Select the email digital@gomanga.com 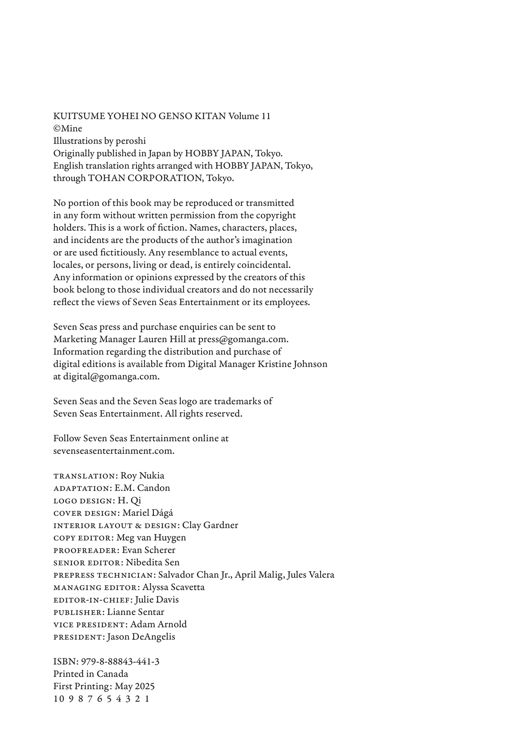(111, 376)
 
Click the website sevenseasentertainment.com (114, 451)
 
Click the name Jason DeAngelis (141, 637)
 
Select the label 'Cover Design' (85, 513)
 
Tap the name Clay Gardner (210, 525)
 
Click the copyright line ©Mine (67, 129)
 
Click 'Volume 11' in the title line (249, 116)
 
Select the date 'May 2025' (135, 686)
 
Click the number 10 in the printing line (59, 699)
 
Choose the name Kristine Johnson (292, 364)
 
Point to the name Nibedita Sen (153, 562)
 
